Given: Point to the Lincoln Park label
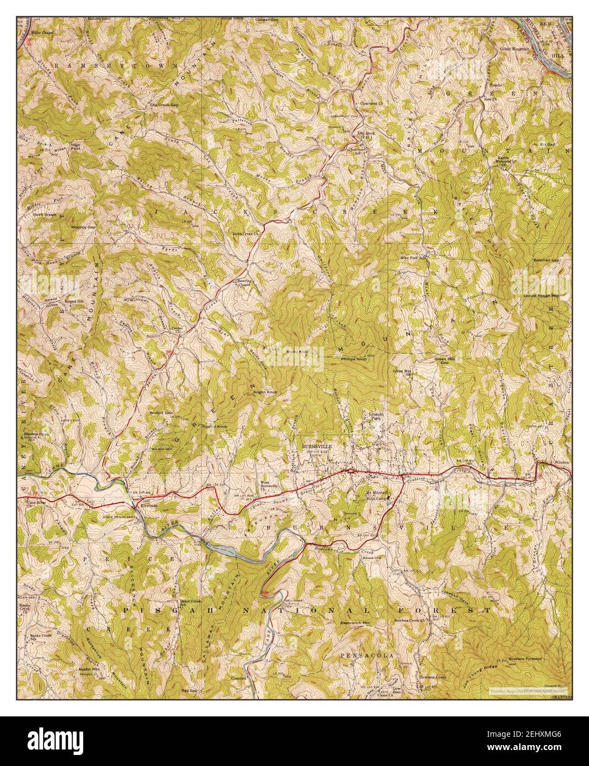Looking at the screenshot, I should pos(377,416).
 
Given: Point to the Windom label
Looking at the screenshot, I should pos(561,462).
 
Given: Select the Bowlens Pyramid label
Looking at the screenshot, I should pos(526,659).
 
